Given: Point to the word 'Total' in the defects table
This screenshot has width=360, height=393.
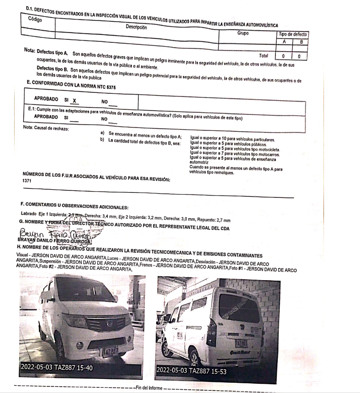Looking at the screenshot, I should pyautogui.click(x=264, y=56).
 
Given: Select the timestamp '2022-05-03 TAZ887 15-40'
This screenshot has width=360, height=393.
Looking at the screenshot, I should pyautogui.click(x=57, y=367).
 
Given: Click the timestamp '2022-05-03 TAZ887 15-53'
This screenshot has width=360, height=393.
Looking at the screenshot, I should pyautogui.click(x=194, y=369).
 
